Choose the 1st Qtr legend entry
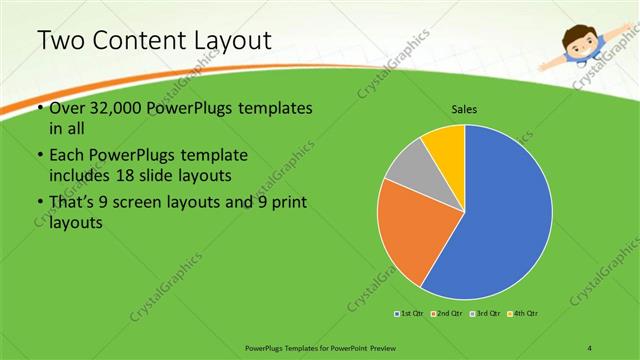coord(410,314)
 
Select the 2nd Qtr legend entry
coord(446,314)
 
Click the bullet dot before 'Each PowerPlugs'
coord(39,156)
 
